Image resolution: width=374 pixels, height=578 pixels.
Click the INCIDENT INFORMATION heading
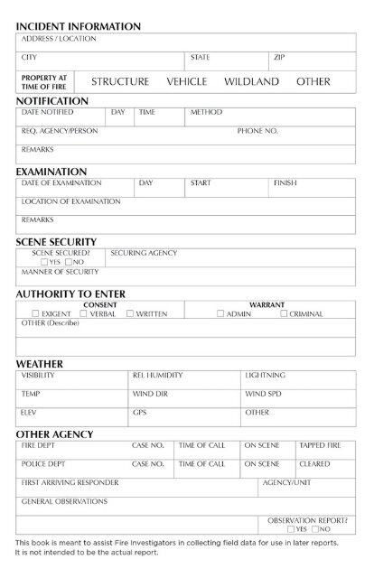point(78,27)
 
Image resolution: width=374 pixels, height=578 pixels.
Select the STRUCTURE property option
point(120,81)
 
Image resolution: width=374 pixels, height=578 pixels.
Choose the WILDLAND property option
point(252,81)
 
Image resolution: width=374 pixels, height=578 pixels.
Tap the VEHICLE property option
point(187,81)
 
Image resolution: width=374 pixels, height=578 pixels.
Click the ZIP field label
point(280,57)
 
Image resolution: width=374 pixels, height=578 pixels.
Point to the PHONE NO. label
point(257,131)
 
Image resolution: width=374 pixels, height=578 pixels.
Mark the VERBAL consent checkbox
point(83,313)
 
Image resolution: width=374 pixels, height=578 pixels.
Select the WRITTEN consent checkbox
point(130,313)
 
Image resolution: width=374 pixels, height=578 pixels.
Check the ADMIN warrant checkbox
point(220,313)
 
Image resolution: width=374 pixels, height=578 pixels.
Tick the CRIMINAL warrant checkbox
point(284,313)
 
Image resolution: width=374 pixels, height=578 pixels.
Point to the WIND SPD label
point(262,394)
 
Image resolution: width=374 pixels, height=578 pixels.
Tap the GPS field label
point(139,412)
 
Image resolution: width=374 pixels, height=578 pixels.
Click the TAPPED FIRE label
point(320,445)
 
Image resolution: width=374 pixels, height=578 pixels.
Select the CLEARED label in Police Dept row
point(314,463)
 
